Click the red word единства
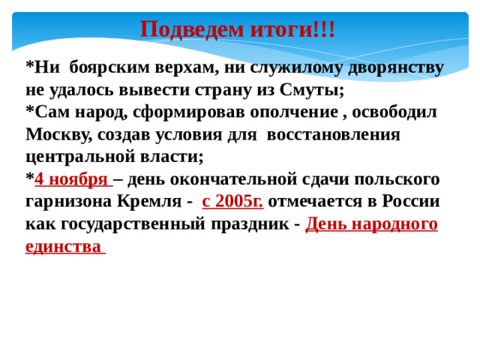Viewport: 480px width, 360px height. pyautogui.click(x=63, y=247)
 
